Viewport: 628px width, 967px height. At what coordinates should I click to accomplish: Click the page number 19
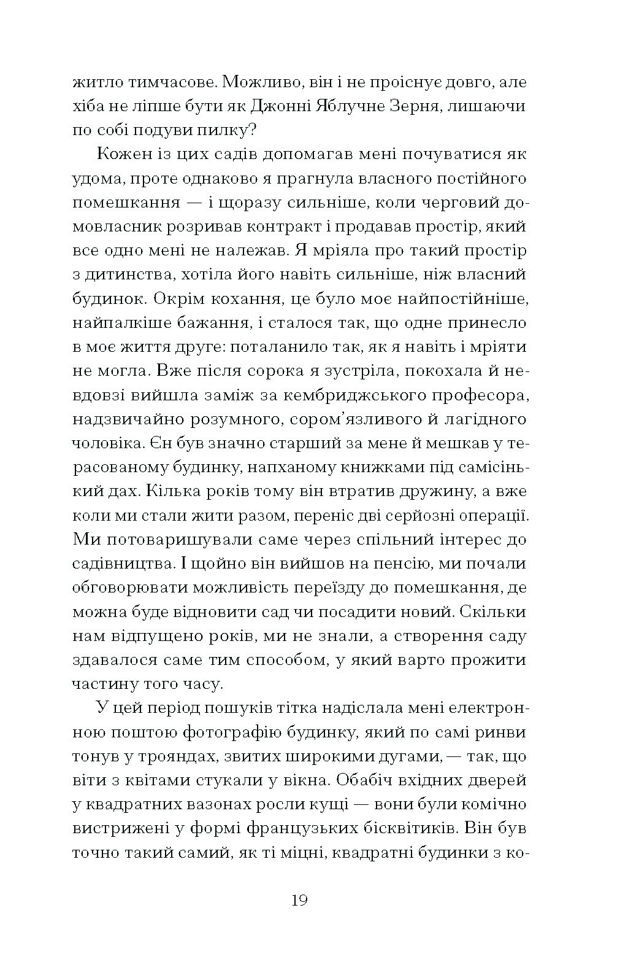pyautogui.click(x=299, y=901)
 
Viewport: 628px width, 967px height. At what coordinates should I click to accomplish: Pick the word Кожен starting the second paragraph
pyautogui.click(x=126, y=154)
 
